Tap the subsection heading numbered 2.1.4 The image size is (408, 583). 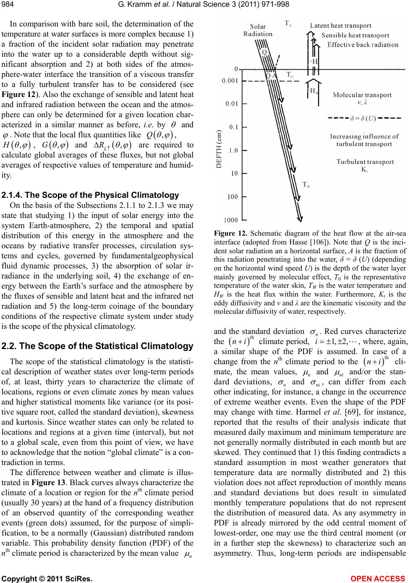91,195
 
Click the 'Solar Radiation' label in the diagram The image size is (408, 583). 258,30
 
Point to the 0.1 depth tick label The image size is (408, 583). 232,126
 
